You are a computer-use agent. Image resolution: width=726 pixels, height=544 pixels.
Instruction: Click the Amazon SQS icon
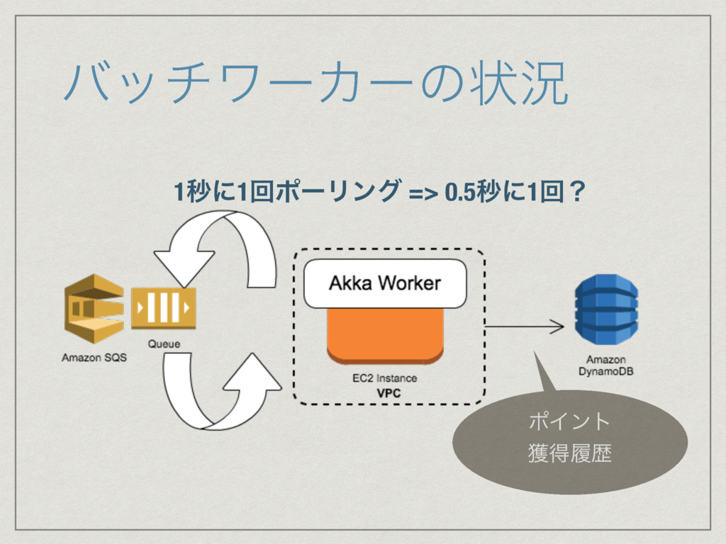click(94, 309)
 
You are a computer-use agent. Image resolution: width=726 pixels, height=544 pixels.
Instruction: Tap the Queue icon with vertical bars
click(164, 308)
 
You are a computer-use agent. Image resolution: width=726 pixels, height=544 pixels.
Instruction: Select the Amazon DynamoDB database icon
click(606, 309)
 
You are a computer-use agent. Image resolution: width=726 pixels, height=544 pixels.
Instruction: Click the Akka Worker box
click(385, 283)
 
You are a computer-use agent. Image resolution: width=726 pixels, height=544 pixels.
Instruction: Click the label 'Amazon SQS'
click(94, 358)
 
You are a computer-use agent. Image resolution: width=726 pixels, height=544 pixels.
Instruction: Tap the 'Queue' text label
click(164, 344)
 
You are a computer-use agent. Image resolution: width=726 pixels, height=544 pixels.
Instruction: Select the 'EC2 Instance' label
click(385, 378)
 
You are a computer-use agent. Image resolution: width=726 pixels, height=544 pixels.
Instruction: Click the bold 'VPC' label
click(389, 394)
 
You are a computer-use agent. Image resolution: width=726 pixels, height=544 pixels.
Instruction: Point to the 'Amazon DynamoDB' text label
click(606, 365)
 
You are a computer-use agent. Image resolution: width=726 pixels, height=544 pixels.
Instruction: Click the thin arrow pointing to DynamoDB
click(524, 327)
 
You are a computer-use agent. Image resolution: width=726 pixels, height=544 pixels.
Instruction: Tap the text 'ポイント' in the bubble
click(569, 421)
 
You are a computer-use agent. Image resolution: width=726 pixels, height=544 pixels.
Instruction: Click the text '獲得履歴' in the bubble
click(570, 453)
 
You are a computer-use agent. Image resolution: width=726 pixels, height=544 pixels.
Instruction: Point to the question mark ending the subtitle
click(577, 191)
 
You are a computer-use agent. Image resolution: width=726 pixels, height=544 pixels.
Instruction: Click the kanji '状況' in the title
click(519, 84)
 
